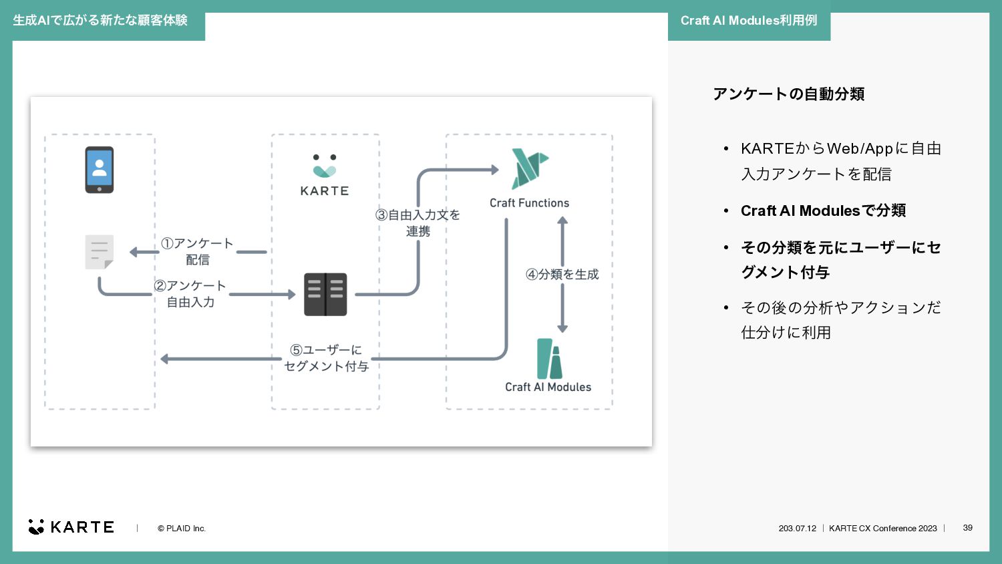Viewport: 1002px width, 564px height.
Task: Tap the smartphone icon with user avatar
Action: [x=100, y=170]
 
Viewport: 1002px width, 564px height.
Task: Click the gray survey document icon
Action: [x=100, y=252]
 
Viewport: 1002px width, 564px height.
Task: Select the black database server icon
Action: [x=325, y=295]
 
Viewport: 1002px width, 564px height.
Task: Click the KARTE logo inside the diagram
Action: [x=325, y=175]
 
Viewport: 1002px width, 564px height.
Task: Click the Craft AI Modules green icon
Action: [x=549, y=359]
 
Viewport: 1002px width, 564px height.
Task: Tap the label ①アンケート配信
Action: [x=197, y=251]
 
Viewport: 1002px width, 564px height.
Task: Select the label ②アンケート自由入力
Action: [x=190, y=293]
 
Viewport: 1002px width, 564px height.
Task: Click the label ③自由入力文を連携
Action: [x=417, y=223]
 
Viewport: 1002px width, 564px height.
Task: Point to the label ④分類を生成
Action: [x=562, y=274]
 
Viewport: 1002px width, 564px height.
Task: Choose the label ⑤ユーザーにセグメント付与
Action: [x=326, y=358]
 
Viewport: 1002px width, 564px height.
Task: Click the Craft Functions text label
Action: [x=529, y=202]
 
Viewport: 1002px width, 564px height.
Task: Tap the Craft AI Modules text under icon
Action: [x=548, y=387]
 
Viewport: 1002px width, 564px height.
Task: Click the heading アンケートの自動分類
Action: [x=789, y=94]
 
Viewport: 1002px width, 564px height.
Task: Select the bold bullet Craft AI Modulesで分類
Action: [x=823, y=210]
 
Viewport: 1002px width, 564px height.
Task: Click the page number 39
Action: [x=967, y=528]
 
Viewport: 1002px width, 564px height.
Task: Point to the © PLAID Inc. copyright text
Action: [x=182, y=528]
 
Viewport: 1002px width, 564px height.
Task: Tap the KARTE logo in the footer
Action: [x=71, y=527]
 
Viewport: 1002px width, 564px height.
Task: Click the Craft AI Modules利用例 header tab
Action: [x=749, y=21]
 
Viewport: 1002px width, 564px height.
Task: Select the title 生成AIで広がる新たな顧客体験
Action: [x=100, y=21]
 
